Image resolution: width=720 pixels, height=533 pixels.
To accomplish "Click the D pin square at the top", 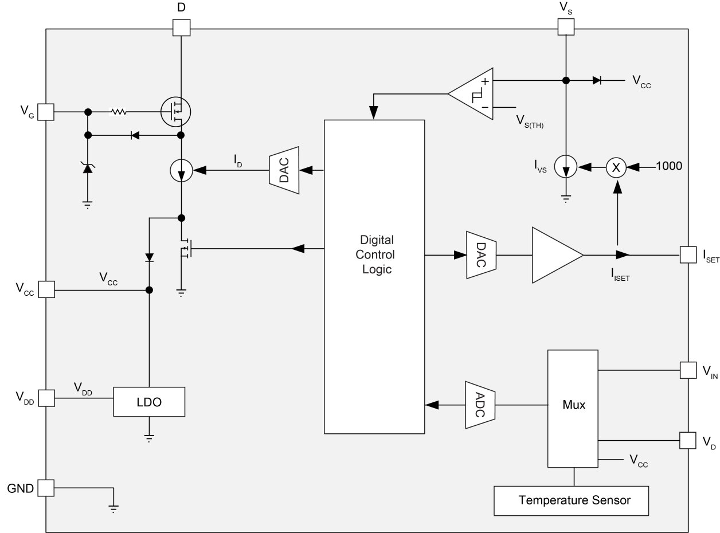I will point(181,27).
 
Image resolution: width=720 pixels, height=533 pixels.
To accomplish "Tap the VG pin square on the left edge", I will point(46,112).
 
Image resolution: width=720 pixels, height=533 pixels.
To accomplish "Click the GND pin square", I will point(46,488).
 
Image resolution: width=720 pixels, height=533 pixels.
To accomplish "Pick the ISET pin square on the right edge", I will point(688,255).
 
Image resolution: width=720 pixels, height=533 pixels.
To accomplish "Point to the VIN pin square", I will point(688,370).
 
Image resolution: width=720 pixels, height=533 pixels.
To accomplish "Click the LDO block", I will point(149,402).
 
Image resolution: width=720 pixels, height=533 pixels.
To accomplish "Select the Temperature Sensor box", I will point(574,500).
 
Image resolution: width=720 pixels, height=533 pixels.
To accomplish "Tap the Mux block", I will point(573,405).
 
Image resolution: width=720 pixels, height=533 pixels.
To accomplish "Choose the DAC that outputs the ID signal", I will point(284,170).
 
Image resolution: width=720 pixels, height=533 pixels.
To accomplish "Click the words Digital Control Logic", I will point(377,254).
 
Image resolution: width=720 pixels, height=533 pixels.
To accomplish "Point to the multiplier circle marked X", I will point(617,167).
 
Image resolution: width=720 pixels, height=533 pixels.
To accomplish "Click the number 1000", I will point(668,167).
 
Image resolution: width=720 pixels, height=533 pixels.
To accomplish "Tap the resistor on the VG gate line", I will point(118,112).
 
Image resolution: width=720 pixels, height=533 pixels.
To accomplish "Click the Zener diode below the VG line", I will point(87,167).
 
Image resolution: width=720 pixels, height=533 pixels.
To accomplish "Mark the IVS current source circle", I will point(566,168).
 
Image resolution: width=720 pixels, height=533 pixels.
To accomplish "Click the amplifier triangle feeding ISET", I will point(554,255).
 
